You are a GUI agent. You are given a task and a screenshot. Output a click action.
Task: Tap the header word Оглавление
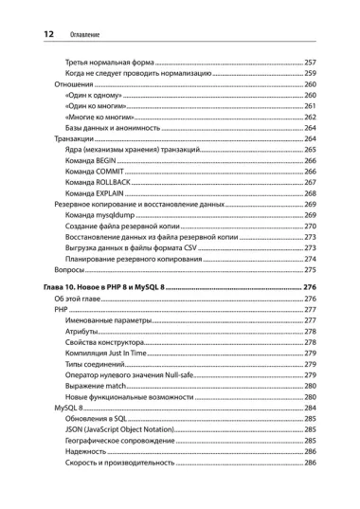point(85,36)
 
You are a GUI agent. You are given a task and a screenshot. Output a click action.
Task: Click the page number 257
point(309,62)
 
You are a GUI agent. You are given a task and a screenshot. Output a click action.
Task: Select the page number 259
point(309,73)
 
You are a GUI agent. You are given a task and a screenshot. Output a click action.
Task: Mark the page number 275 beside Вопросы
point(309,270)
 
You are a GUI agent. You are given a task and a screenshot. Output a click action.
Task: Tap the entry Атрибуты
point(82,331)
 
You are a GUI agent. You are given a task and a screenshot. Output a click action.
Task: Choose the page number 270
point(309,227)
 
